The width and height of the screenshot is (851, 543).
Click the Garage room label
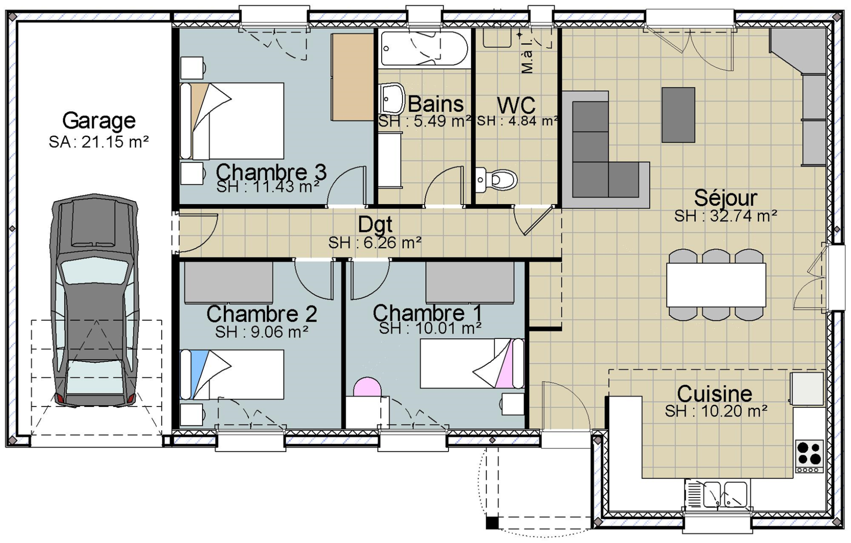point(99,120)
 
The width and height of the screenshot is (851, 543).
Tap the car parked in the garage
point(94,300)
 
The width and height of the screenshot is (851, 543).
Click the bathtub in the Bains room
point(424,48)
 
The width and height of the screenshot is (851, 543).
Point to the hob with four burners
point(809,456)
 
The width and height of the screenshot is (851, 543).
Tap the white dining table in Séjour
point(716,285)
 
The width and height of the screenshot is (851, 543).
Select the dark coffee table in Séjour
point(678,115)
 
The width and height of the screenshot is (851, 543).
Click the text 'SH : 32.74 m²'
point(726,216)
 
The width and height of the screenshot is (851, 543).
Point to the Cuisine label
point(714,394)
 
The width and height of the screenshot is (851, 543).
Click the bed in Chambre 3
point(232,120)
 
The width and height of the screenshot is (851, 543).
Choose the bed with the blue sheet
point(232,375)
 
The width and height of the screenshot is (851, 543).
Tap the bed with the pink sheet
point(472,364)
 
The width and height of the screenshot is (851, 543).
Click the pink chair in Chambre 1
point(367,387)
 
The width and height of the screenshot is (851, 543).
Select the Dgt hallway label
point(375,225)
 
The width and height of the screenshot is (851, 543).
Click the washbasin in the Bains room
point(392,98)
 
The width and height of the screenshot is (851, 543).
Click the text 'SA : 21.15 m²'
point(99,142)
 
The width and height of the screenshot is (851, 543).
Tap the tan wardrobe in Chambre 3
point(352,78)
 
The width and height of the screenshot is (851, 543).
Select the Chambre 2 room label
point(262,314)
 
